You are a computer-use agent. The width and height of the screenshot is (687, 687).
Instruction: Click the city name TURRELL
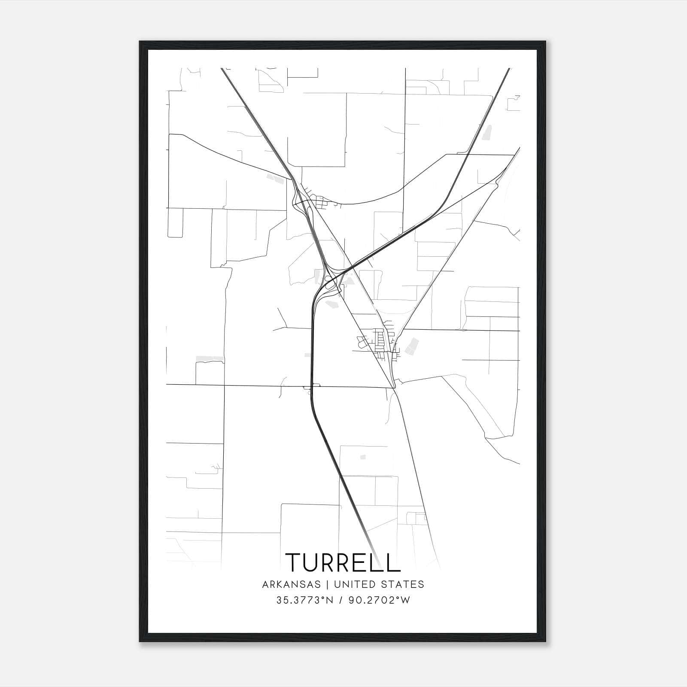tap(343, 562)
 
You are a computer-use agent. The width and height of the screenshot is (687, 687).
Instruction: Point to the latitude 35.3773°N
tap(305, 600)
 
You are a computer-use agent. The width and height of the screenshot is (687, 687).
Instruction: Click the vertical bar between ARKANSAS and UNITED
tap(328, 584)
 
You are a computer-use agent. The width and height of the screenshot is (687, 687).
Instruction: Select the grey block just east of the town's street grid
tap(411, 346)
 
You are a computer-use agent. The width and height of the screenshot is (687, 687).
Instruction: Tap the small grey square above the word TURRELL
tap(363, 457)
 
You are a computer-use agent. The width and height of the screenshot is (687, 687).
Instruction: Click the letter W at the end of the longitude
tap(406, 600)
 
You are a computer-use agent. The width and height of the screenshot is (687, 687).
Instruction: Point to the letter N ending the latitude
tap(330, 600)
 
